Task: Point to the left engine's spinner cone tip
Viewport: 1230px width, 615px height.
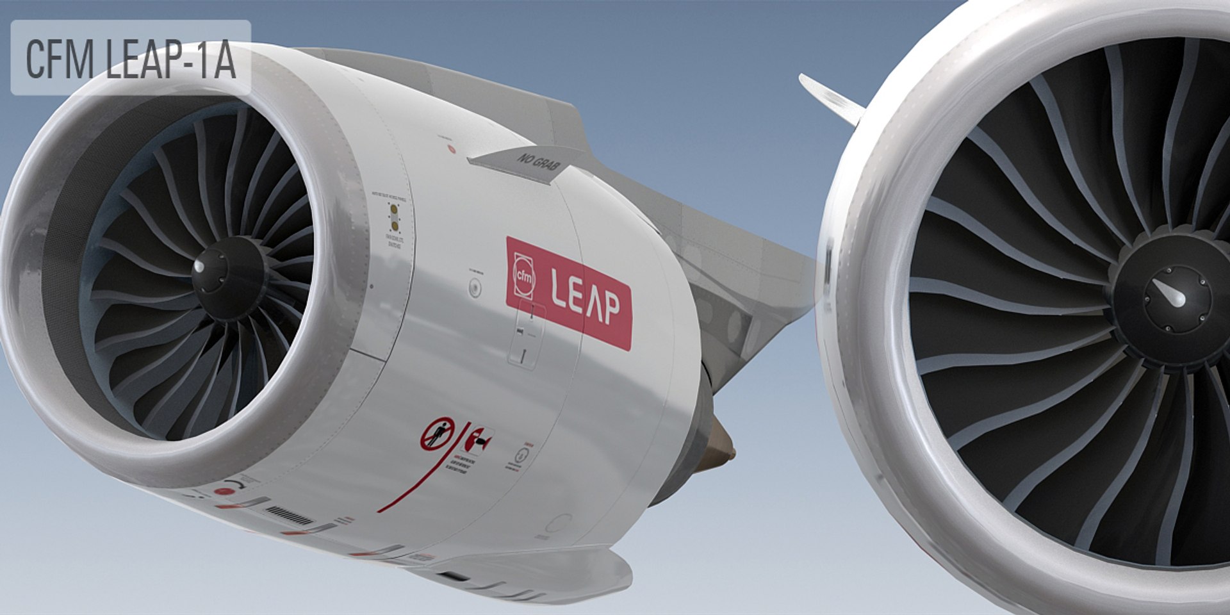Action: click(200, 266)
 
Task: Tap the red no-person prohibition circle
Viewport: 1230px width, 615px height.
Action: click(438, 435)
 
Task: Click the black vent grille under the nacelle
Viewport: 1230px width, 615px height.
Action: click(289, 512)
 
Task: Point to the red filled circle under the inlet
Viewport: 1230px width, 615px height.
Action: click(222, 491)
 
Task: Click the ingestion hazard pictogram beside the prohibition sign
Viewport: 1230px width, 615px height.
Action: click(479, 439)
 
